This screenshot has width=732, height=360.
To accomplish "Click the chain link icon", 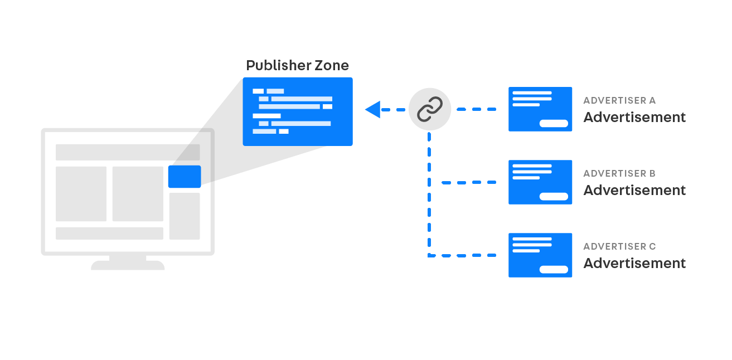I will click(429, 109).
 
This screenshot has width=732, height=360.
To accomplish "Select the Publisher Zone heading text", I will click(297, 66).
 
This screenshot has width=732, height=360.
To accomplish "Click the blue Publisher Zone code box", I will click(297, 111).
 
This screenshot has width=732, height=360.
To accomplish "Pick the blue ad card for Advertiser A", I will click(540, 109).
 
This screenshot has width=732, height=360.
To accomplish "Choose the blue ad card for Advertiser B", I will click(540, 182).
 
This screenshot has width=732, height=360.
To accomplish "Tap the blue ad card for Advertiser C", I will click(540, 255).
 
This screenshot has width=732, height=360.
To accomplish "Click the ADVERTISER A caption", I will click(619, 101).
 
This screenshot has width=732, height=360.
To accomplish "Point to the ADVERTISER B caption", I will click(619, 174).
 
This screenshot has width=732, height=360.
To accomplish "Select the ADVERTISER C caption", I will click(619, 247).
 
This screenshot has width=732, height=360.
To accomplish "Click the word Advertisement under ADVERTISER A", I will click(634, 118).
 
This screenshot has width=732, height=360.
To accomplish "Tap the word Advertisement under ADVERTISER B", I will click(634, 191).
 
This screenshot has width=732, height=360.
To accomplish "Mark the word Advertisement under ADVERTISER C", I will click(634, 264).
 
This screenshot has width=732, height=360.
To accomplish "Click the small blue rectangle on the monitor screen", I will click(185, 177).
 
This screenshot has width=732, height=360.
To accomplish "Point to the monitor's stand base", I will click(128, 265).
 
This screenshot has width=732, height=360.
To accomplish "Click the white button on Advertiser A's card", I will click(554, 124).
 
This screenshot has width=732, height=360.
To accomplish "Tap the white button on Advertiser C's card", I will click(554, 270).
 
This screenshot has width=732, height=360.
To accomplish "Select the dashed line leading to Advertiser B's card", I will click(468, 182).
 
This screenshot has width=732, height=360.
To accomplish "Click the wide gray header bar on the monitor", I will click(128, 152).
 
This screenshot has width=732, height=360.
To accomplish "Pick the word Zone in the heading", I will click(331, 66).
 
